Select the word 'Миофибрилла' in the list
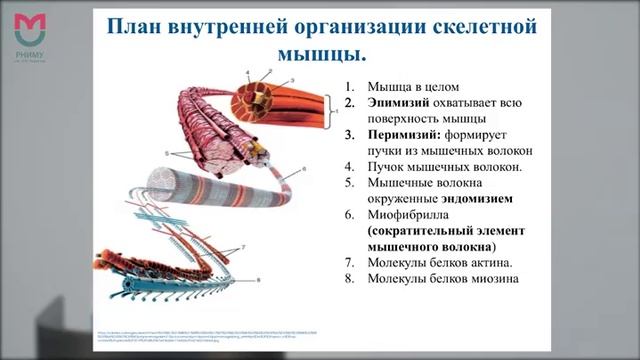410,215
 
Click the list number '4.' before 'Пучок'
349,167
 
